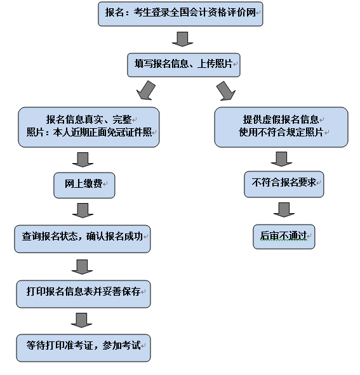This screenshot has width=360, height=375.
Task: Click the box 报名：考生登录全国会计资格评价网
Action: point(180,14)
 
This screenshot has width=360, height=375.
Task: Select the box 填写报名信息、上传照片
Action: point(183,65)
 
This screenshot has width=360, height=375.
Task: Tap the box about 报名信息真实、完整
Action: point(89,128)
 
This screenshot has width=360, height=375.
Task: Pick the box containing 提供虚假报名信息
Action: point(281,128)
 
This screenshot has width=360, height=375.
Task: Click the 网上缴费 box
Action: point(84,185)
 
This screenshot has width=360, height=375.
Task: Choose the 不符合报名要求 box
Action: point(284,185)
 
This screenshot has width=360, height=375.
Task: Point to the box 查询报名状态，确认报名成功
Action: point(83,239)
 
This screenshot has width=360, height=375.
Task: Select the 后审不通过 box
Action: point(284,237)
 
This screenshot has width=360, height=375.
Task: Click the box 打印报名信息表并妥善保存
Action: point(83,294)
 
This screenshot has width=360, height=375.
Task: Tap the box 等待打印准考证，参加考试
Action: point(83,348)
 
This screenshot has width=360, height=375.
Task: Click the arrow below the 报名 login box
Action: point(182,39)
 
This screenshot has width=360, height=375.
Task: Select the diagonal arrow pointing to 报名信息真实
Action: point(146,91)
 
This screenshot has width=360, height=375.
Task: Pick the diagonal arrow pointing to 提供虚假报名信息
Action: point(226,91)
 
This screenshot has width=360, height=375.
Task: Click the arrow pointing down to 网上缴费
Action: point(83,159)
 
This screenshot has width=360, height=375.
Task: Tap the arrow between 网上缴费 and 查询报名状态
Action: point(83,211)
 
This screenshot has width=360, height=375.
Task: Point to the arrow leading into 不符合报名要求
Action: point(281,159)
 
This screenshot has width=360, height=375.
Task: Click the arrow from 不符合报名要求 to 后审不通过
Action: point(284,210)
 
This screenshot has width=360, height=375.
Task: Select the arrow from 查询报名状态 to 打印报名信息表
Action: point(82,267)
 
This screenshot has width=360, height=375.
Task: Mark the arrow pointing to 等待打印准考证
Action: point(81,320)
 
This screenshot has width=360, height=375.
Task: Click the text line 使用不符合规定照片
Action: point(281,132)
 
